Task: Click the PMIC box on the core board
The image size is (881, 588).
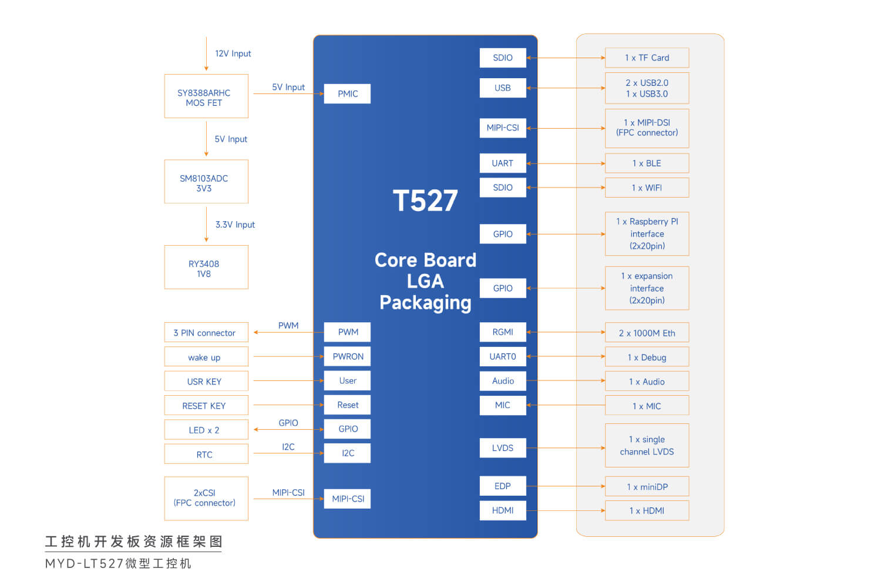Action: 347,93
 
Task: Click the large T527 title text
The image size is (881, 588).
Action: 425,201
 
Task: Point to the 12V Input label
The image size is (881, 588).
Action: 233,54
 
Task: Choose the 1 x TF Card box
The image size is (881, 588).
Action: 647,58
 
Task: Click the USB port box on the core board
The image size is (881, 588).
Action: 502,88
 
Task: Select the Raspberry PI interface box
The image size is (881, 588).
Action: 647,234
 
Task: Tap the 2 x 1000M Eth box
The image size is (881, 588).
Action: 647,333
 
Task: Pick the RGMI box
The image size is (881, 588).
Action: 502,332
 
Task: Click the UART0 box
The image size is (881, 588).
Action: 502,356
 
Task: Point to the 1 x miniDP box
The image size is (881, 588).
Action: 647,487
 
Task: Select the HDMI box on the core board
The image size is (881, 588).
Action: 502,510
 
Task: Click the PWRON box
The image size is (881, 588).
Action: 348,356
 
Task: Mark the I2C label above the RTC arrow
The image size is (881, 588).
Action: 288,447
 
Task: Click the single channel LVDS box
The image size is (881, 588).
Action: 647,446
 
